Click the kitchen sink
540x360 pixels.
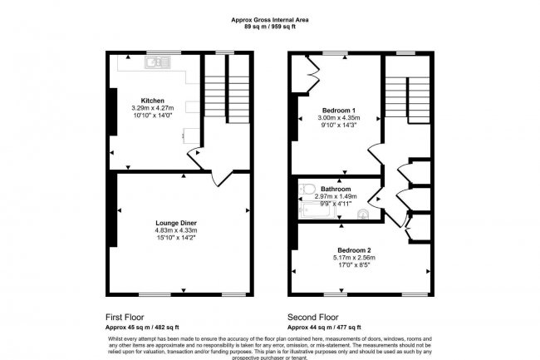pos(155,62)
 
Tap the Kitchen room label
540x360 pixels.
pos(153,101)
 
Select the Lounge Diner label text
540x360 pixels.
pos(177,223)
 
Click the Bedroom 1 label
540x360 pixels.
pos(339,111)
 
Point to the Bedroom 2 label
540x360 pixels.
pos(354,249)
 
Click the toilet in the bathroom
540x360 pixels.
pos(307,189)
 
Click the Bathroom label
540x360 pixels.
pos(336,189)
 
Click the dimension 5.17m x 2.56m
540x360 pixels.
pos(354,257)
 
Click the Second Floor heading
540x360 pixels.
pos(313,317)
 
